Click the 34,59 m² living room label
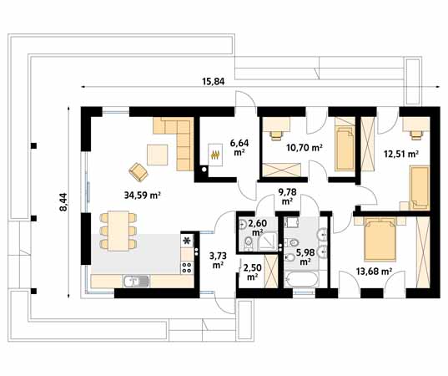pyautogui.click(x=141, y=196)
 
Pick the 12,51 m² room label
pyautogui.click(x=400, y=154)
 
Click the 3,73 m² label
pyautogui.click(x=217, y=261)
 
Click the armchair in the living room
pyautogui.click(x=138, y=170)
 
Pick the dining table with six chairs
pyautogui.click(x=117, y=230)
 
